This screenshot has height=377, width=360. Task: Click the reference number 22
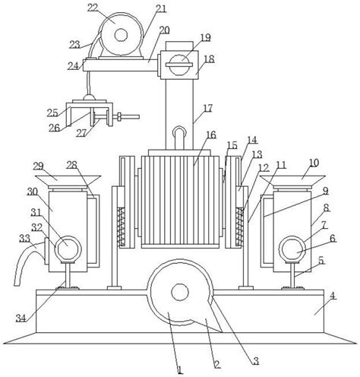pyautogui.click(x=93, y=8)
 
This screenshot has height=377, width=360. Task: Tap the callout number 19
pyautogui.click(x=205, y=37)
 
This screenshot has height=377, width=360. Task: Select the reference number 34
pyautogui.click(x=21, y=318)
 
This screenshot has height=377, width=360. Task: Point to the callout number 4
pyautogui.click(x=333, y=296)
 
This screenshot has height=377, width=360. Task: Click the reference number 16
pyautogui.click(x=211, y=135)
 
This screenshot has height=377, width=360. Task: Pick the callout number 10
pyautogui.click(x=314, y=163)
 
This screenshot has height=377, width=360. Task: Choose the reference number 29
pyautogui.click(x=38, y=166)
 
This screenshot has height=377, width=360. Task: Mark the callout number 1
pyautogui.click(x=180, y=369)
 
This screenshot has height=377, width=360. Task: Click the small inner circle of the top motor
pyautogui.click(x=121, y=35)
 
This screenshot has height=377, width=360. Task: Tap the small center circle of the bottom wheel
pyautogui.click(x=180, y=292)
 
